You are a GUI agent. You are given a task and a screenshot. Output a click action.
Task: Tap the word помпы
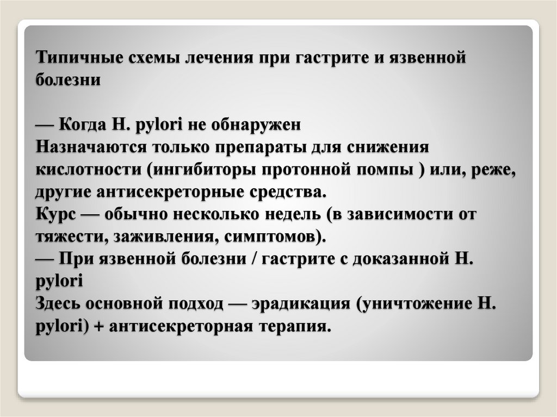tap(381, 170)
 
